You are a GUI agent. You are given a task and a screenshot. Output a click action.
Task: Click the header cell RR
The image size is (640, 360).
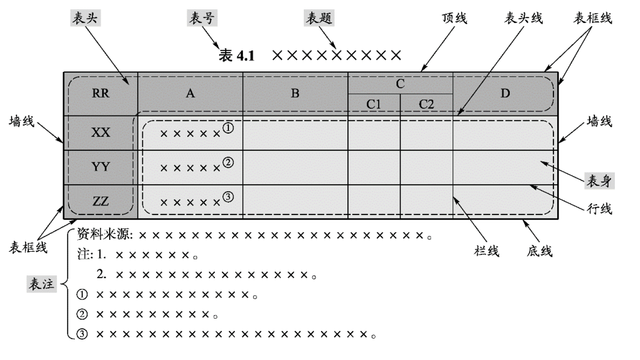(101, 93)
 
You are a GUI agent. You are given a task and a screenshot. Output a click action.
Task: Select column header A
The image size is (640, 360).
(190, 93)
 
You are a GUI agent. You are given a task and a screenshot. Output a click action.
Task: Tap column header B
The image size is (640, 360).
(295, 93)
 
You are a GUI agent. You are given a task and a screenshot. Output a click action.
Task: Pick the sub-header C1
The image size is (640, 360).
(374, 105)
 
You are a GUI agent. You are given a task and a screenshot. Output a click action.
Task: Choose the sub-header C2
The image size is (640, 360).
(426, 105)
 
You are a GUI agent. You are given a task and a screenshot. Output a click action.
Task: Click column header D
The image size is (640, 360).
(505, 93)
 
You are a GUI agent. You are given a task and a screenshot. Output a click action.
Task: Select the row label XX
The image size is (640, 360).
(101, 133)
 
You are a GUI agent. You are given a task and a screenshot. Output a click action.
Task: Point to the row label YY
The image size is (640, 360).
(101, 167)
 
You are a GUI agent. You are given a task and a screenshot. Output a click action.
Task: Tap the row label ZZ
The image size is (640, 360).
(101, 201)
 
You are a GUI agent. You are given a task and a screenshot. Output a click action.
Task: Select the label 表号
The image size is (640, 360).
(202, 18)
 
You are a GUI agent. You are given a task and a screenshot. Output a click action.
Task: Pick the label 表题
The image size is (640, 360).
(319, 18)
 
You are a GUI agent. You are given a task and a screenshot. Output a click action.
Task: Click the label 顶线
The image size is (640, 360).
(454, 18)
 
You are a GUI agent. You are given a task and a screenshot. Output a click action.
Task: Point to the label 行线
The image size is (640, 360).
(600, 209)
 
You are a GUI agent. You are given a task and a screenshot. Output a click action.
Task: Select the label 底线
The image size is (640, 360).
(540, 251)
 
